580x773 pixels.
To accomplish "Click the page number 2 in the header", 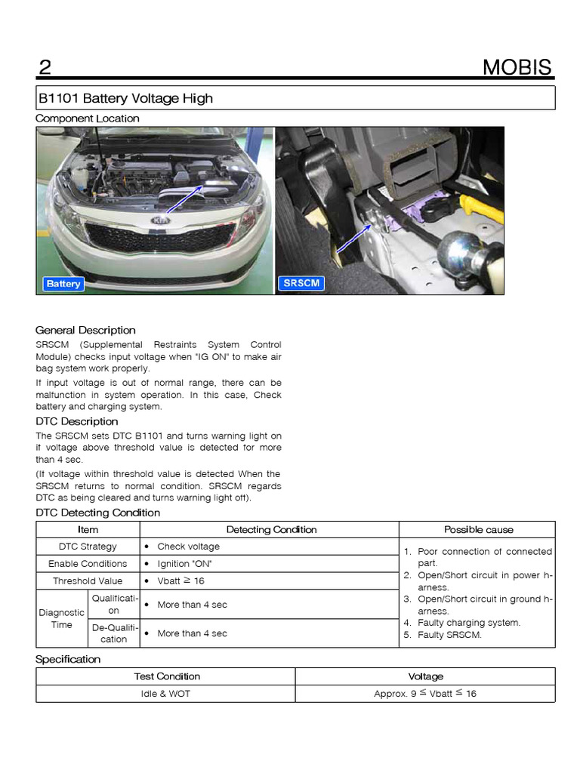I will click(x=45, y=67).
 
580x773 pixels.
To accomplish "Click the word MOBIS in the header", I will click(x=517, y=67).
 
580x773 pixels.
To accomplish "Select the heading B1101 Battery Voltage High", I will click(x=125, y=98).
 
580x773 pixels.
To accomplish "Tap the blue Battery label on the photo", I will click(x=63, y=284).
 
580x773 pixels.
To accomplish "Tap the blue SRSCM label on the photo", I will click(x=301, y=284).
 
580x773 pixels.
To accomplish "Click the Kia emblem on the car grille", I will click(x=159, y=220).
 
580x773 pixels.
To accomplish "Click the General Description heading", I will click(x=85, y=330).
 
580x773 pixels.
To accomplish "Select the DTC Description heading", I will click(x=77, y=421).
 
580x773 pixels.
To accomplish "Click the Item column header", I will click(x=88, y=530).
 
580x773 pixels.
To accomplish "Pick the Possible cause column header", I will click(x=478, y=530).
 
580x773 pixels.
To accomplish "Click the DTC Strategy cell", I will click(x=88, y=547).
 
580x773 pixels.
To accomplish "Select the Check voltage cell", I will click(x=188, y=547).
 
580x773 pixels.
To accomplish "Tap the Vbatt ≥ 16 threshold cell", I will click(x=180, y=581).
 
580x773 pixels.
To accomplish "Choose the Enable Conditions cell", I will click(x=88, y=564).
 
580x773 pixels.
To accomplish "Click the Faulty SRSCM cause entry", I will click(x=450, y=635).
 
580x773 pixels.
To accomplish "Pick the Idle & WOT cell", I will click(x=165, y=694).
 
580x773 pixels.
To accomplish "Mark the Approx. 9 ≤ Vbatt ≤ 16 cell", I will click(x=425, y=694).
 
